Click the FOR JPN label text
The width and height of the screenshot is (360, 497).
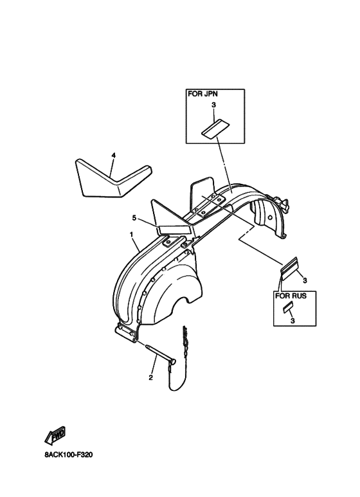203,94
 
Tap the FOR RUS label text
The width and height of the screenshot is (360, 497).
291,296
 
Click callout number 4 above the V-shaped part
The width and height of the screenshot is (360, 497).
113,156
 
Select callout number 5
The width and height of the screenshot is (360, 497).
134,218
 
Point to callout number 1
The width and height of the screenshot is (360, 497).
131,234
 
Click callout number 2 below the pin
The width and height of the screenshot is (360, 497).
150,377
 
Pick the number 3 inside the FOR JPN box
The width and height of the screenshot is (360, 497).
213,105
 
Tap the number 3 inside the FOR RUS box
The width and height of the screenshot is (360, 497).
292,321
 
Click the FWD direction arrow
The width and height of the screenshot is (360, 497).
55,436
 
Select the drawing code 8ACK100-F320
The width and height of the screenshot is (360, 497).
69,455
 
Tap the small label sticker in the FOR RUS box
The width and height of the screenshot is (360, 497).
288,308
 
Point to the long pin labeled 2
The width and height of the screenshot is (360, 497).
160,354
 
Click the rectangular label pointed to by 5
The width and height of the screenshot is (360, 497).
175,229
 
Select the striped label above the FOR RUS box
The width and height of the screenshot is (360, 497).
289,269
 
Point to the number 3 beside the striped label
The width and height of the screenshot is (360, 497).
305,280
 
